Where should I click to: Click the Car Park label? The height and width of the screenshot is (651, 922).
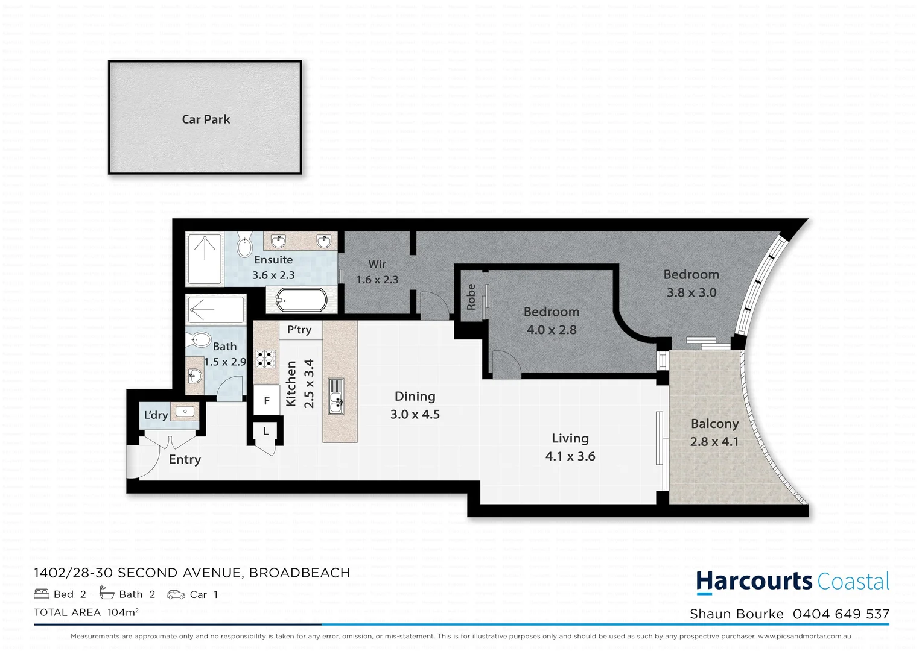(x=206, y=119)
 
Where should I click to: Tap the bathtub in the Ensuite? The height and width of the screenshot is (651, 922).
(x=301, y=300)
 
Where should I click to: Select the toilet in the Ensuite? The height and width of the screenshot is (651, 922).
(x=244, y=245)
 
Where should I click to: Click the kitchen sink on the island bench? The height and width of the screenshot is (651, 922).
(x=336, y=396)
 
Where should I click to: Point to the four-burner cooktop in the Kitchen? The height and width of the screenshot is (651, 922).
(x=265, y=359)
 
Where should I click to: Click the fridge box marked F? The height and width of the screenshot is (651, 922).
(x=266, y=401)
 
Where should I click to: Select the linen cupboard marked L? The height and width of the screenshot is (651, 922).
(x=265, y=432)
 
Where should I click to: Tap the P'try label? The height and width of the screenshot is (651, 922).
(x=299, y=330)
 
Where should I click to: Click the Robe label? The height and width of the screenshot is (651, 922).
(x=471, y=297)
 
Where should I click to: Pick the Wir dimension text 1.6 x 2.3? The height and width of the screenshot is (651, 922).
(x=377, y=280)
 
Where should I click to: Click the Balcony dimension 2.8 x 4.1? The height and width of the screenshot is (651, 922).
(x=714, y=442)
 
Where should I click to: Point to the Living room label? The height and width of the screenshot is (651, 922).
(x=570, y=438)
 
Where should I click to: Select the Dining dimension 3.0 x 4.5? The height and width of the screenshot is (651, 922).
(x=415, y=415)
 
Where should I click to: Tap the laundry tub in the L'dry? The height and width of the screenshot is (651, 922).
(x=185, y=412)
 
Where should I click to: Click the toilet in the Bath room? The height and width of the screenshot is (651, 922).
(x=200, y=340)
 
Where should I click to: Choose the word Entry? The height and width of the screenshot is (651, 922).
(x=185, y=459)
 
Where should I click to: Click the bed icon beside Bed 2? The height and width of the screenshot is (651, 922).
(x=42, y=594)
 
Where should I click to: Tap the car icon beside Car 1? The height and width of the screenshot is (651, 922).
(x=176, y=594)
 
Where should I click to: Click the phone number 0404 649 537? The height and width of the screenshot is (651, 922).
(x=841, y=614)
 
